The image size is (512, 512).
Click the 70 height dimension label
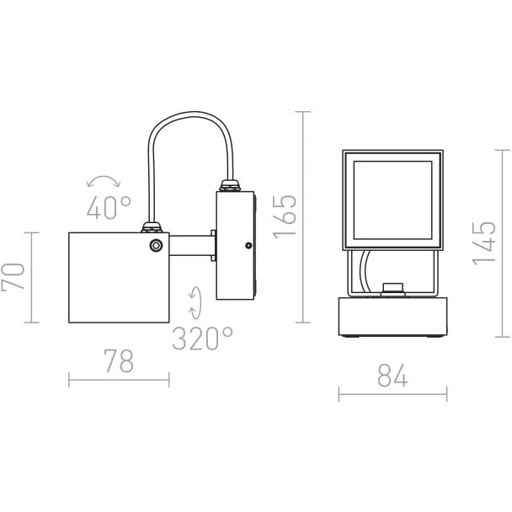(x=13, y=277)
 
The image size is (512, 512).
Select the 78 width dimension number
(x=119, y=360)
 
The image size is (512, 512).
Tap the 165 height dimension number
(x=284, y=217)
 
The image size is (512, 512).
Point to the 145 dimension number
(x=484, y=243)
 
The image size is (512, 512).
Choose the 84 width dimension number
(x=392, y=376)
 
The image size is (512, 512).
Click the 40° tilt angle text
(x=109, y=207)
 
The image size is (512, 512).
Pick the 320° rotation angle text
(x=202, y=339)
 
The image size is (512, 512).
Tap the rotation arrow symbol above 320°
(x=195, y=302)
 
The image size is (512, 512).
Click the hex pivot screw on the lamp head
(x=156, y=245)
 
